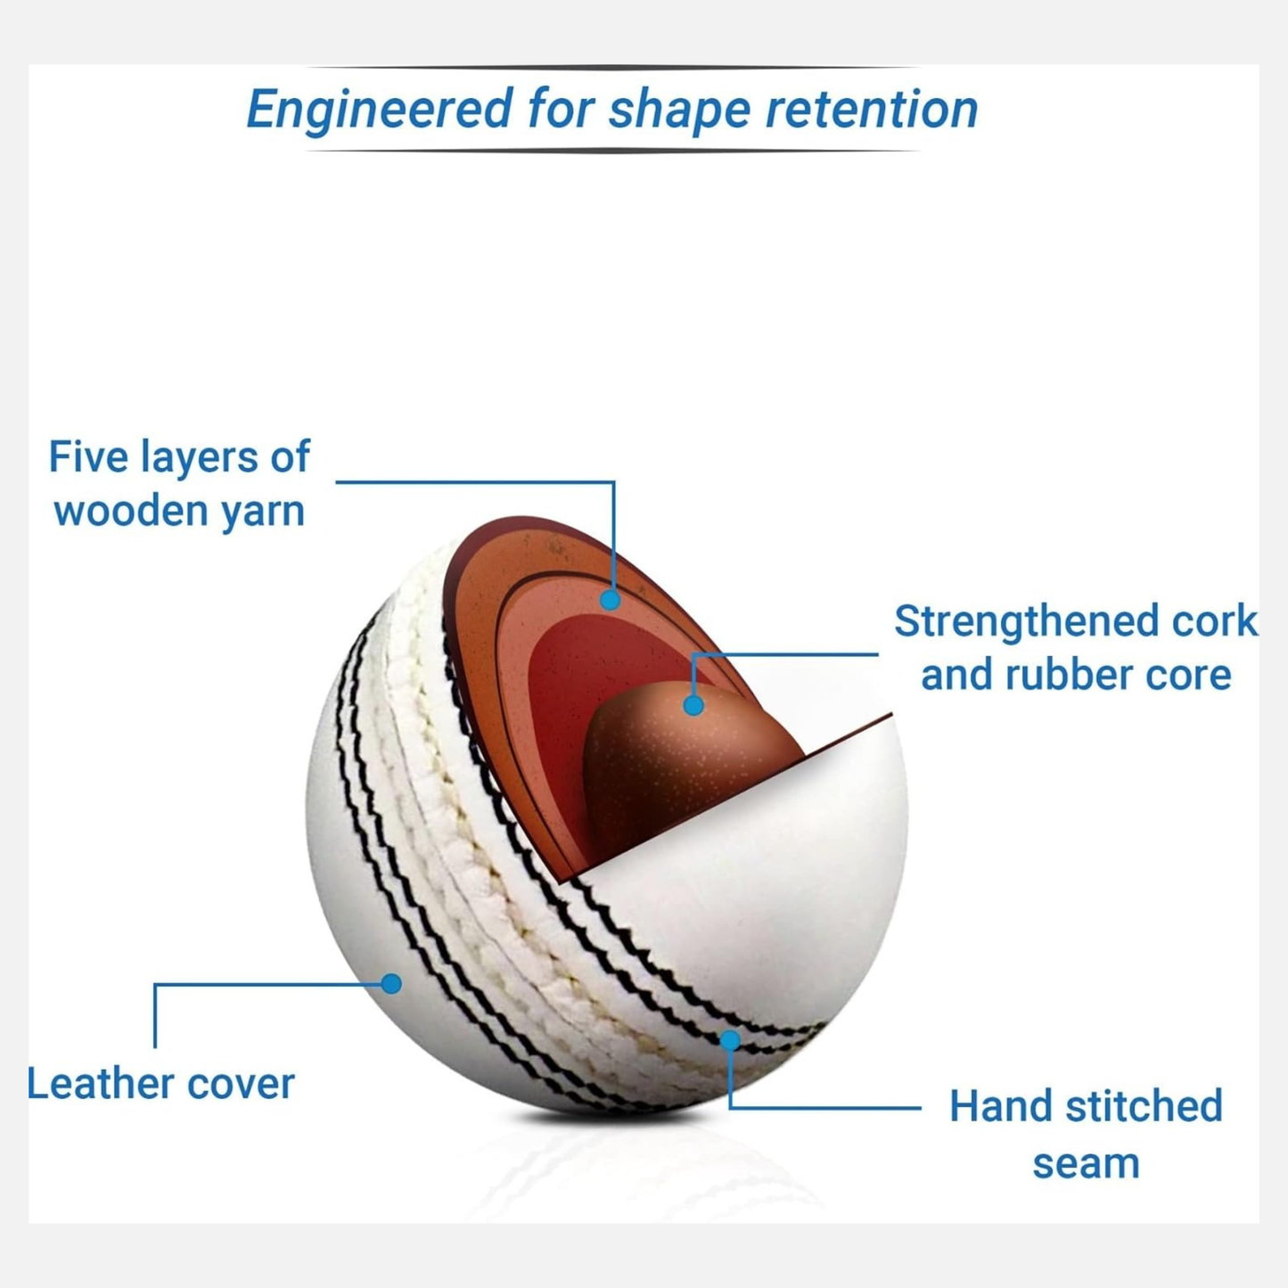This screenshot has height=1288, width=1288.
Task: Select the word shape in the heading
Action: point(679,110)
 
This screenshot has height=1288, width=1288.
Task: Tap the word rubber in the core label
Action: point(1059,675)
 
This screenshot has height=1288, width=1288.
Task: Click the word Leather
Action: point(101,1084)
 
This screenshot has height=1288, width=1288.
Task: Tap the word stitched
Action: point(1144,1106)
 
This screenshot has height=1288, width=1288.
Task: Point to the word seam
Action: point(1086,1163)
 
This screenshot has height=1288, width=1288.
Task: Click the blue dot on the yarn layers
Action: point(611,600)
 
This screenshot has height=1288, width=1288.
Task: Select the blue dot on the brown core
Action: point(693,706)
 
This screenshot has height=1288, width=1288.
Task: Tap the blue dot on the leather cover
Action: point(390,983)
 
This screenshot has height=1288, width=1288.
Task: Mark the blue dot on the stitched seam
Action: point(730,1039)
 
